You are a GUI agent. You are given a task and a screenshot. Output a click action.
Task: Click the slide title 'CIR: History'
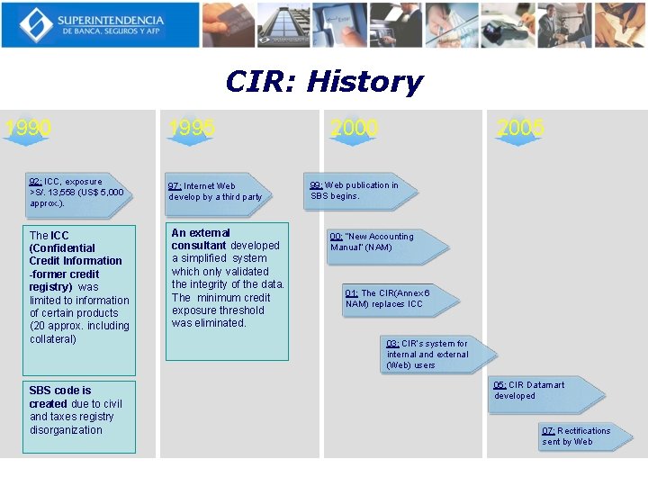pos(323,82)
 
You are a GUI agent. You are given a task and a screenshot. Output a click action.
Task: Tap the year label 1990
pos(27,129)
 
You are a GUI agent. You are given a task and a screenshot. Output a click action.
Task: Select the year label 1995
pos(192,129)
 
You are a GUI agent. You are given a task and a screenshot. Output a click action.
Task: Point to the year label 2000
pos(354,129)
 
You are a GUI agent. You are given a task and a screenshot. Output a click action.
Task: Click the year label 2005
pos(520,129)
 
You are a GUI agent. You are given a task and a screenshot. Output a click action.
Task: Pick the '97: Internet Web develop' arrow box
pos(217,192)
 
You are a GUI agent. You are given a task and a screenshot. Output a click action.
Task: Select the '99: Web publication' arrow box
pos(355,191)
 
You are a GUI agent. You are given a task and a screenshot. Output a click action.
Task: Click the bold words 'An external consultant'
pos(201,238)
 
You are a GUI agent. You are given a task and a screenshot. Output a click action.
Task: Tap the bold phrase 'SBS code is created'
pos(59,397)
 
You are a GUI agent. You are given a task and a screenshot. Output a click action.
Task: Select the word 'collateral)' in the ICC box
pos(53,339)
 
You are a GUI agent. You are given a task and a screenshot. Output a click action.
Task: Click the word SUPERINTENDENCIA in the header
pos(112,20)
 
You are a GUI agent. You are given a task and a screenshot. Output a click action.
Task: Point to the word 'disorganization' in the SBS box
pos(66,430)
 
